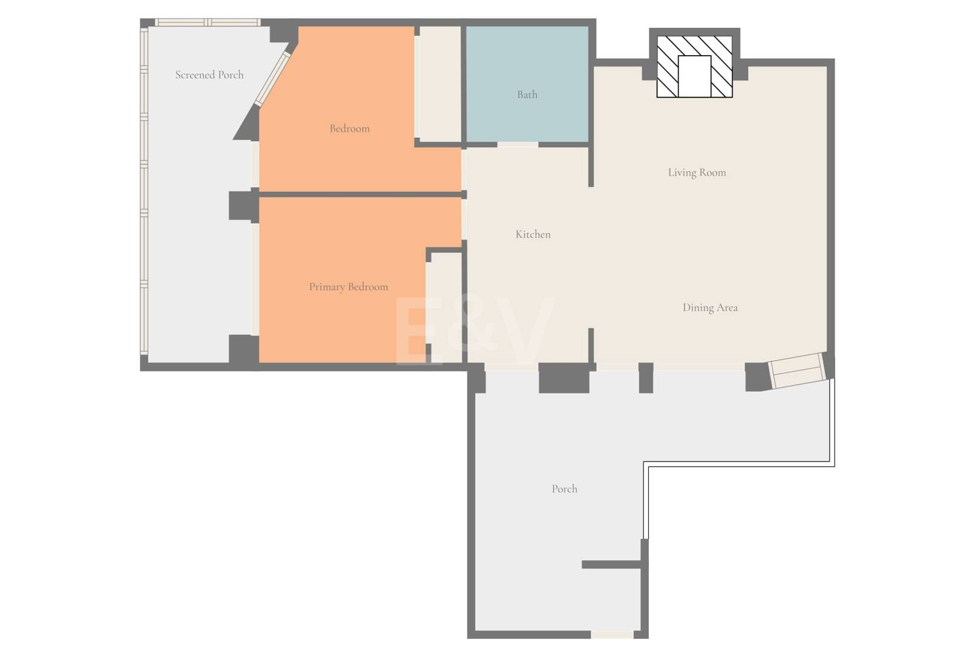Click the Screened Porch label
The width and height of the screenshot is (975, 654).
[x=209, y=75]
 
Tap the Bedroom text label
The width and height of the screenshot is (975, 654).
[x=350, y=128]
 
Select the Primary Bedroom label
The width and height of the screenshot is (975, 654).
[x=348, y=287]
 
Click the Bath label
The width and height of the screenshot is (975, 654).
[x=527, y=94]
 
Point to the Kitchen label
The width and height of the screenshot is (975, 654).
[x=533, y=234]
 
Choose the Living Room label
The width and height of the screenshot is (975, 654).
[x=697, y=173]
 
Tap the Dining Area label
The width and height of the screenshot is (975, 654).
[x=710, y=308]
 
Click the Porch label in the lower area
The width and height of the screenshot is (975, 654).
[x=565, y=489]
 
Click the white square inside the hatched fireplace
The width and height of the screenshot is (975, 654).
[x=695, y=76]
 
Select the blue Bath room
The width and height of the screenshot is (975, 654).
[x=527, y=84]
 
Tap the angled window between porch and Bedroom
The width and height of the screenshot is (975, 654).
[x=272, y=79]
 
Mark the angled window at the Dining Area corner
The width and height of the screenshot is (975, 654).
[x=796, y=370]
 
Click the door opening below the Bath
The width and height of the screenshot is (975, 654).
[x=518, y=145]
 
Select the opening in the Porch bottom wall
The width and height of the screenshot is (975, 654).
[x=612, y=635]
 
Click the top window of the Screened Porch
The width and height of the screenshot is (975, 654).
[x=208, y=22]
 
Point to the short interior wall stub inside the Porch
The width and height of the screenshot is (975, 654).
[x=612, y=565]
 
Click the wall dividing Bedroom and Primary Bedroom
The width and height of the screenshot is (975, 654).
[x=360, y=194]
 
